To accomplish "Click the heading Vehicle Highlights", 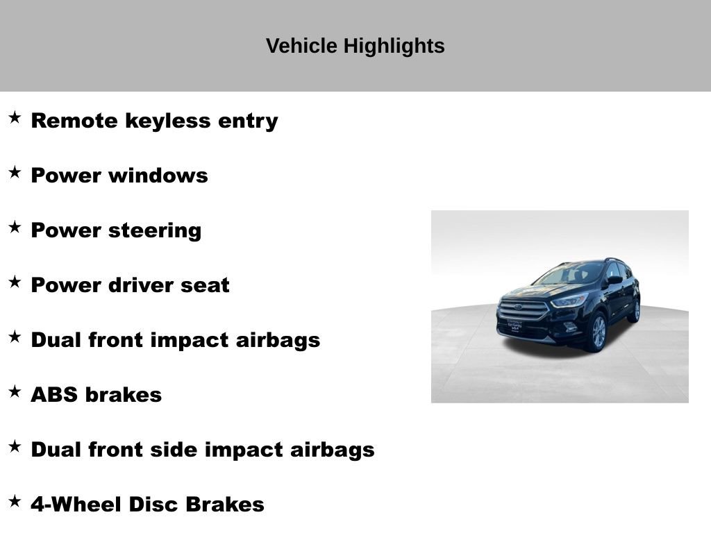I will coord(355,46).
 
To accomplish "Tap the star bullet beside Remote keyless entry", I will coord(15,118).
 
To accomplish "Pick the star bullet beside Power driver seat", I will coord(15,282).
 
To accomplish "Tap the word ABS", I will coord(54,395).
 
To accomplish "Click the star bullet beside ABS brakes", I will coord(15,392).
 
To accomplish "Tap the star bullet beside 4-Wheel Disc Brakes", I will coord(15,502).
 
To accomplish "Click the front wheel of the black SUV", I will coord(597,332).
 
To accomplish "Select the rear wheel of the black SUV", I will coord(635,310).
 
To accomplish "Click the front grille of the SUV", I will coord(523,310).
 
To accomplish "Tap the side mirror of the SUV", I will coord(614,280).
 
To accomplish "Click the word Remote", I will coord(74,121).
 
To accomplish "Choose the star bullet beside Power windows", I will coord(15,173).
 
